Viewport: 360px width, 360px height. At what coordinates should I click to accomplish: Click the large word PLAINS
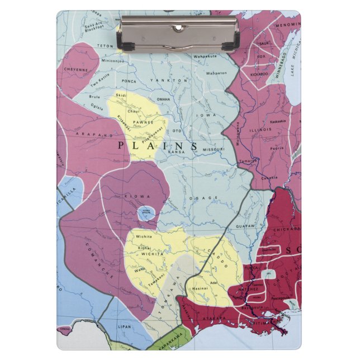tap(158, 145)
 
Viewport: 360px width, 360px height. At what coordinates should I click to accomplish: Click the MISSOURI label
tap(213, 149)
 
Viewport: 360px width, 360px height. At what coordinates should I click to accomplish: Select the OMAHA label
tap(163, 99)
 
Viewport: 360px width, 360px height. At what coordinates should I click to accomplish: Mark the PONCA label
tap(129, 81)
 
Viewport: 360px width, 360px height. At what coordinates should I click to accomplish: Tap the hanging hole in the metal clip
tap(178, 26)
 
